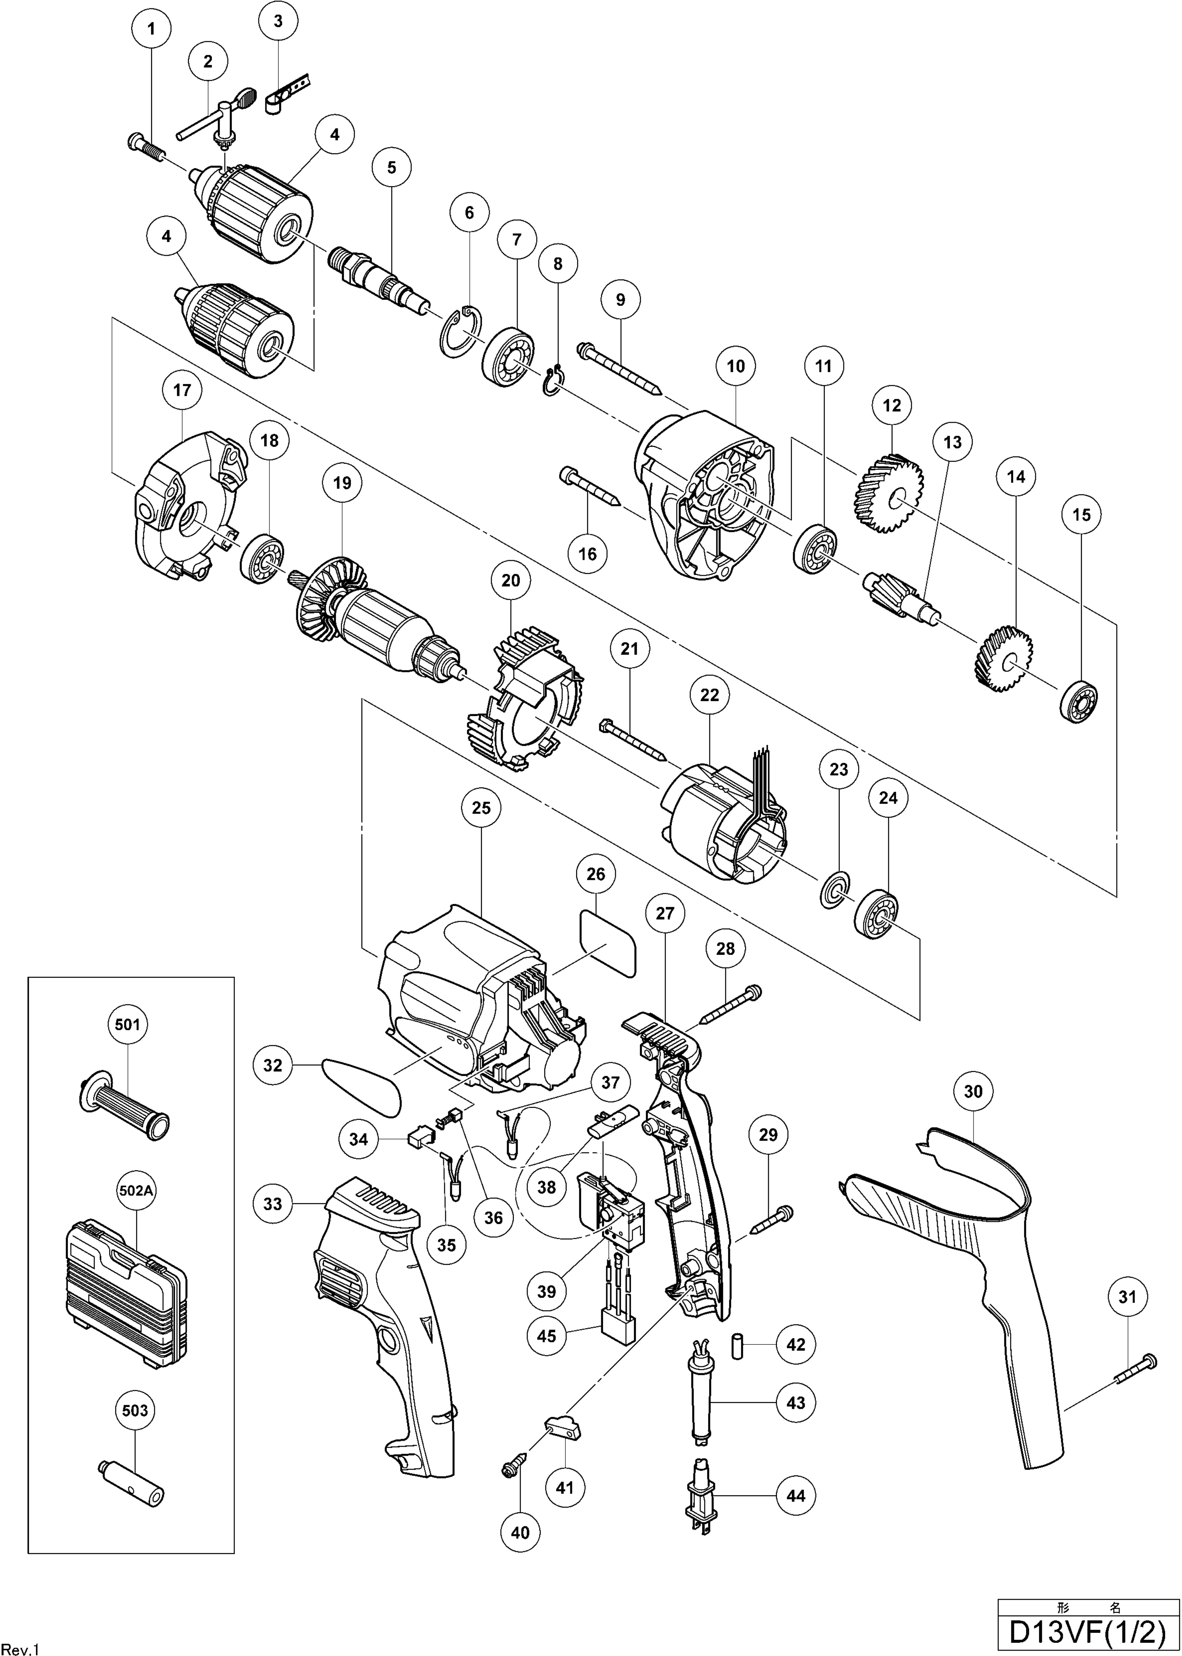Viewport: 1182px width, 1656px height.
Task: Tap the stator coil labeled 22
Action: [x=724, y=823]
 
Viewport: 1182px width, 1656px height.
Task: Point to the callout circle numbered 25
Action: [x=481, y=808]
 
